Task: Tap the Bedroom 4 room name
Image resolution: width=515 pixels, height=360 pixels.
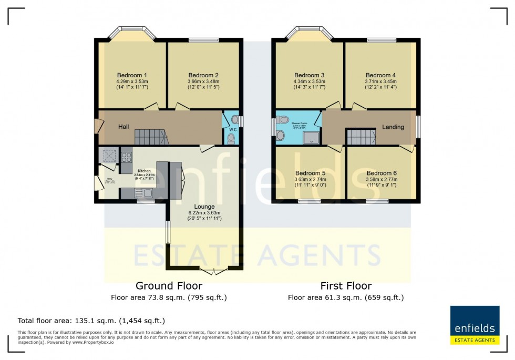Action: pyautogui.click(x=381, y=75)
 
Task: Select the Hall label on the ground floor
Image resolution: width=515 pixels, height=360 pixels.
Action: pyautogui.click(x=123, y=127)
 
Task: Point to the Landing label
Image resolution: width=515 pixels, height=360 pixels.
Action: pyautogui.click(x=393, y=127)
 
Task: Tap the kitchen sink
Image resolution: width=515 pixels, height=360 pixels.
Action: pyautogui.click(x=146, y=193)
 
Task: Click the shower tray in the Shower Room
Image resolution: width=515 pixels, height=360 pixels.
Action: pyautogui.click(x=312, y=137)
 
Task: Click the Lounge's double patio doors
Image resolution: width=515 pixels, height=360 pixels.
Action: pyautogui.click(x=214, y=271)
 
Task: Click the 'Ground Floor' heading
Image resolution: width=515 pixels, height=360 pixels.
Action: pyautogui.click(x=169, y=286)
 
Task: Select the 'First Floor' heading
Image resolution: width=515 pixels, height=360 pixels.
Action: pyautogui.click(x=346, y=286)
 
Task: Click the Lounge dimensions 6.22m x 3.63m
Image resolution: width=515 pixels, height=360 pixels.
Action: pyautogui.click(x=205, y=213)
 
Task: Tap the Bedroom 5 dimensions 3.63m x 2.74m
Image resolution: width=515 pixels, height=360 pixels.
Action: pyautogui.click(x=310, y=179)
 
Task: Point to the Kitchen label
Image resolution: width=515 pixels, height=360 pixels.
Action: pyautogui.click(x=144, y=171)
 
